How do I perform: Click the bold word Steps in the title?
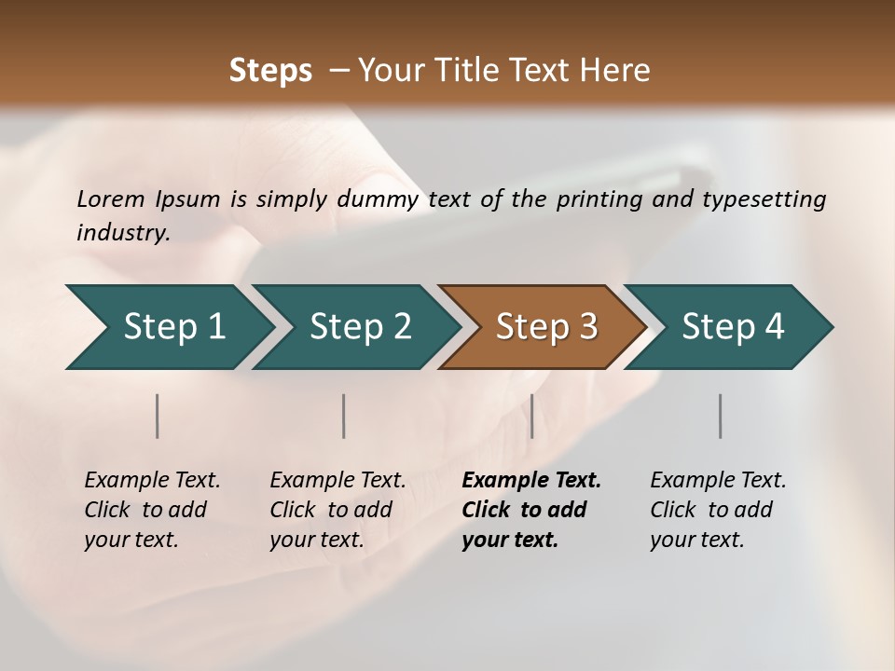[x=270, y=71]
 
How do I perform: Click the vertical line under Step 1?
[x=158, y=416]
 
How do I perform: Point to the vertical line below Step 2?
[x=344, y=416]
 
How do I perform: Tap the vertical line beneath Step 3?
[x=531, y=416]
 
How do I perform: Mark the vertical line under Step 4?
[x=721, y=416]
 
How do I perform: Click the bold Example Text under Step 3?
[x=531, y=481]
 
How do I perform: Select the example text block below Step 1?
[x=152, y=510]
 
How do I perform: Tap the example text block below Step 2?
[x=337, y=510]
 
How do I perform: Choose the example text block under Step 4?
[x=718, y=510]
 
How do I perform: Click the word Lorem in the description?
[x=111, y=199]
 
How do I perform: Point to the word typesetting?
[x=764, y=199]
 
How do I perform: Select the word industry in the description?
[x=122, y=233]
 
